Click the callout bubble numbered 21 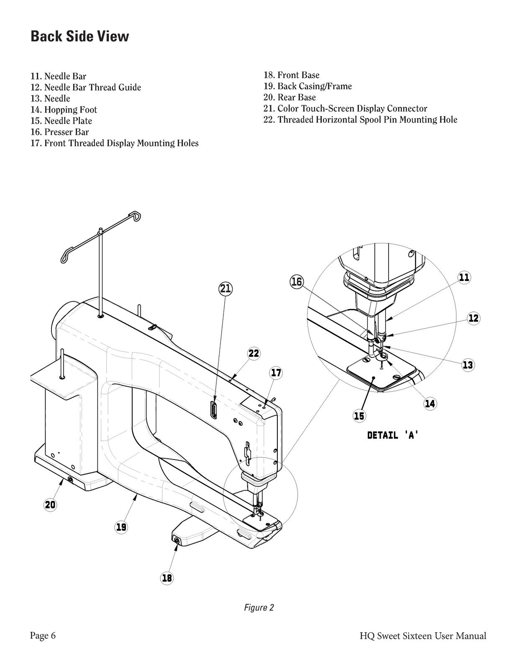coord(225,289)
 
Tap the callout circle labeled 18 coord(167,578)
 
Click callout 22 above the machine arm coord(254,353)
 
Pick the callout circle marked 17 coord(276,373)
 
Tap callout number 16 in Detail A coord(297,282)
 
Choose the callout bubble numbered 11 coord(464,278)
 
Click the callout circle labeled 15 coord(359,416)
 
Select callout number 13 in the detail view coord(468,365)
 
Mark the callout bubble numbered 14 coord(430,403)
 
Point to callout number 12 coord(473,318)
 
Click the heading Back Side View coord(80,36)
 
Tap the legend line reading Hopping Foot coord(64,110)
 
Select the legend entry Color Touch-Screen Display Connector coord(345,108)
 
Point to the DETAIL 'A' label coord(393,435)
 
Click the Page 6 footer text coord(43,636)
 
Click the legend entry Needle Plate coord(61,121)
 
